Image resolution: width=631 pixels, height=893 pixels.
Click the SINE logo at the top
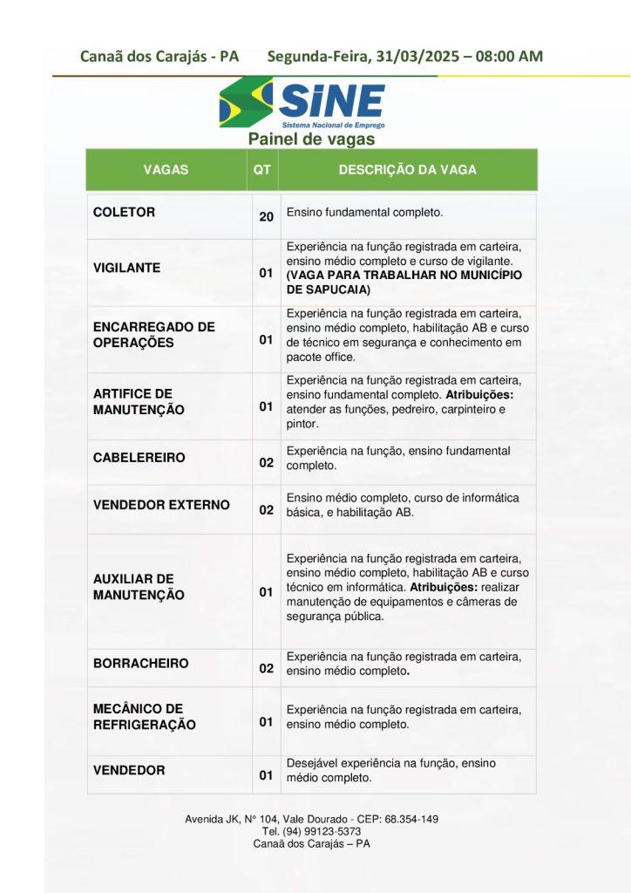302,103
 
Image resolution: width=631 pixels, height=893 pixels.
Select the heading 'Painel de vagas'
311,140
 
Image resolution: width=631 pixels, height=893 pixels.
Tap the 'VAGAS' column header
166,170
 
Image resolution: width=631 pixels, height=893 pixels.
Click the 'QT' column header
261,170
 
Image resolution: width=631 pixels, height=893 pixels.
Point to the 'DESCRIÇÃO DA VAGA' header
407,170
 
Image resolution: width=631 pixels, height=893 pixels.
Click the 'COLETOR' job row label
124,213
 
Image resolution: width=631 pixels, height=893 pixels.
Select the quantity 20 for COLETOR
266,216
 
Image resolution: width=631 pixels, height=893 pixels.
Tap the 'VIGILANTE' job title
126,269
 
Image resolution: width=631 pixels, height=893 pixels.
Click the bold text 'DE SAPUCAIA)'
328,290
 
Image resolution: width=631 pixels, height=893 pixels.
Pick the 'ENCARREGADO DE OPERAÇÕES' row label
153,335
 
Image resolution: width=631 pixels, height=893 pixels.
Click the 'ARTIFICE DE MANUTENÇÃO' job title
139,402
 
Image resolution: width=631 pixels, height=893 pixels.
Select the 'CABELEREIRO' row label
139,458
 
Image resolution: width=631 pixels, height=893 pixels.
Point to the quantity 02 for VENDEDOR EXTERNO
266,510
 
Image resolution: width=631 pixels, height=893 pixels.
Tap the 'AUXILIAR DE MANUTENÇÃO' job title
139,587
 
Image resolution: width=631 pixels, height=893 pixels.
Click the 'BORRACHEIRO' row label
140,664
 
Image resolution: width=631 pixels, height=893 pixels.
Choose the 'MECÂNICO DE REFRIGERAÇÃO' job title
144,717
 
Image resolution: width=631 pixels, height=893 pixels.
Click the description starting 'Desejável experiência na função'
390,770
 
